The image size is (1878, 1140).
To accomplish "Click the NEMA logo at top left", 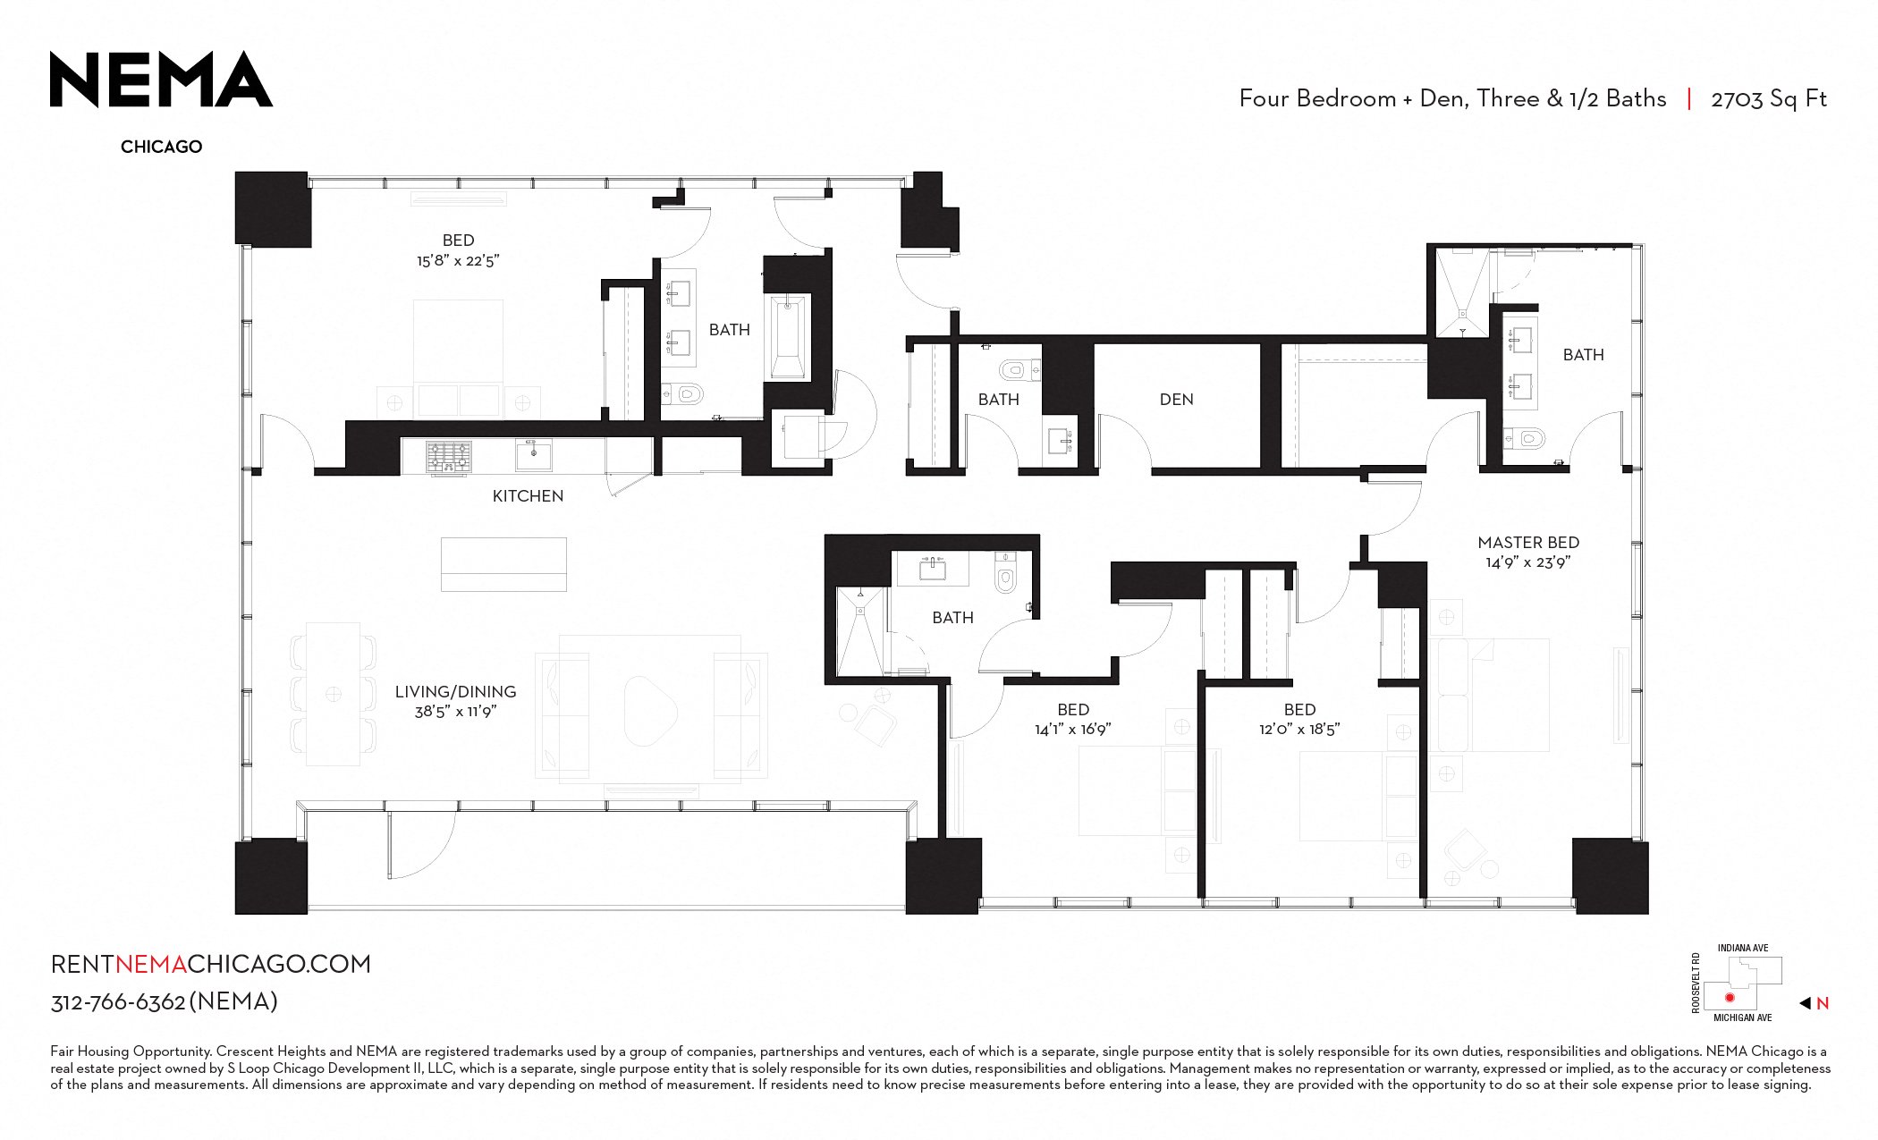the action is click(x=161, y=80).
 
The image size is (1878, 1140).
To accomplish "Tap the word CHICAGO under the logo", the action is click(x=161, y=147).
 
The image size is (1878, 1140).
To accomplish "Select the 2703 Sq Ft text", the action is click(x=1768, y=99).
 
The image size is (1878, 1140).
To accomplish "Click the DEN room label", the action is click(x=1176, y=400).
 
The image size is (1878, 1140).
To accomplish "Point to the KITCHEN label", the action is click(x=528, y=496).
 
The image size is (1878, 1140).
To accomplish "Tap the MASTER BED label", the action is click(x=1528, y=543).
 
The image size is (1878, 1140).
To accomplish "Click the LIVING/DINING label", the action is click(x=455, y=692).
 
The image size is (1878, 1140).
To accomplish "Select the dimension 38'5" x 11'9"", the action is click(x=455, y=712).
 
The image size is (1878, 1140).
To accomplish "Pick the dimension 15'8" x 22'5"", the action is click(x=458, y=261).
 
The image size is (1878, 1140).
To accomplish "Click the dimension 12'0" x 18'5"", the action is click(x=1299, y=730).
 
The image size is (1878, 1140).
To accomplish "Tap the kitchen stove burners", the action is click(x=448, y=457).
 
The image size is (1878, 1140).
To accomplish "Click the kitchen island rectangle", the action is click(x=503, y=564).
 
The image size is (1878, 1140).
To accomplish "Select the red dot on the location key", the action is click(x=1730, y=997).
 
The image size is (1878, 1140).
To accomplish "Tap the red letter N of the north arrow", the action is click(x=1823, y=1003).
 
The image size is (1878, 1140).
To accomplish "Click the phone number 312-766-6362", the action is click(x=118, y=1002).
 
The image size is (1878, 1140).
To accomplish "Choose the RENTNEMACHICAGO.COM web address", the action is click(x=211, y=964).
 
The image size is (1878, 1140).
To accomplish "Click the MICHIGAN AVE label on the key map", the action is click(x=1742, y=1018).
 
